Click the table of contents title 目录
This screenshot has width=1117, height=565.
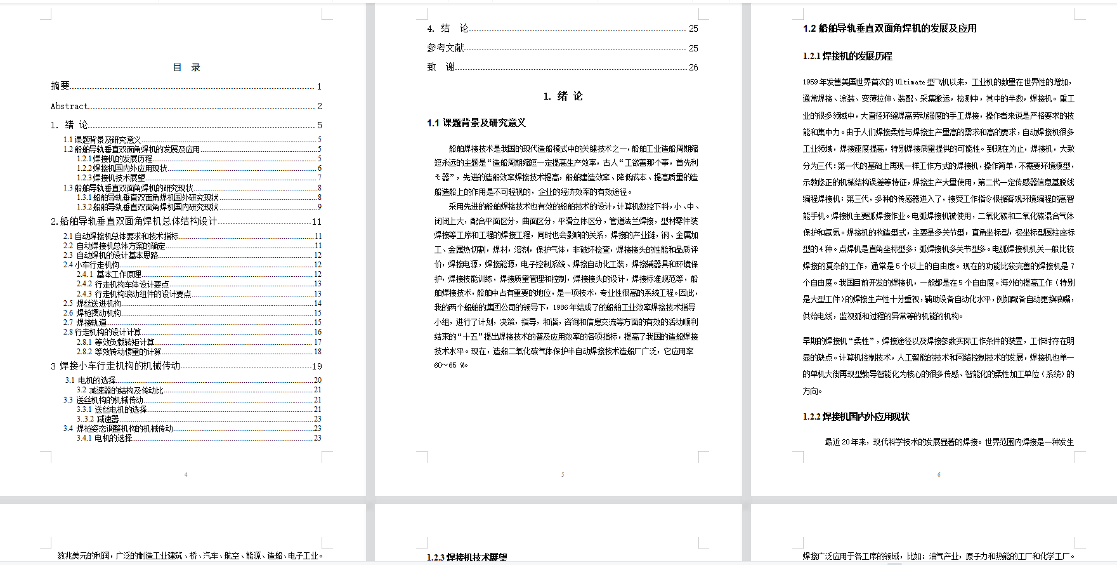tap(186, 67)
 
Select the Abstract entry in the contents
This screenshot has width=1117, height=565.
tap(69, 106)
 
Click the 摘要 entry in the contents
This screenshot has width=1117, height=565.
tap(60, 86)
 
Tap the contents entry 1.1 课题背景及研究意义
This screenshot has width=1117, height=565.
tap(102, 140)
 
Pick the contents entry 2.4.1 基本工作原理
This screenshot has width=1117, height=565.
tap(109, 274)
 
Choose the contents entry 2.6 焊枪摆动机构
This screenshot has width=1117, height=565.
tap(92, 313)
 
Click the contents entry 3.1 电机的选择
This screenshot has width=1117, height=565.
tap(90, 380)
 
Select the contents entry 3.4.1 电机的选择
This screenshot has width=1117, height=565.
tap(104, 438)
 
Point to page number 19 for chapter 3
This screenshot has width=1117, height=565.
tap(317, 366)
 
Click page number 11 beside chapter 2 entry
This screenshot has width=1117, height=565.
tap(317, 222)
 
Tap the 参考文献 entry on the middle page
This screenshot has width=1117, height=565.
tap(445, 48)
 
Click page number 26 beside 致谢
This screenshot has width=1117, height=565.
tap(693, 67)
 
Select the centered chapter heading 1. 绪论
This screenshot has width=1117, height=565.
tap(563, 96)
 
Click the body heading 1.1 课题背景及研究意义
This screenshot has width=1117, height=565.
tap(476, 123)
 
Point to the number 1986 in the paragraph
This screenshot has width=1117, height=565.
tap(560, 307)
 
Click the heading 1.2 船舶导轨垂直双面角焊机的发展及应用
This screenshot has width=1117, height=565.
tap(889, 29)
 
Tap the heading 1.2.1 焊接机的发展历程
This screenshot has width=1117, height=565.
tap(847, 56)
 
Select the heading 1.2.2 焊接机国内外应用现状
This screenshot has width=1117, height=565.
tap(856, 417)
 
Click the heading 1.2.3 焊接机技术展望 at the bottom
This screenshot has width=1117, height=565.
tap(467, 557)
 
